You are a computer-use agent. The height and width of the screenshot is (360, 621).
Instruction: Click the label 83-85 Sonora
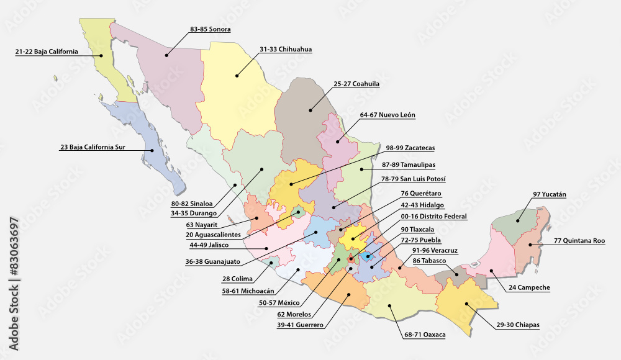click(211, 29)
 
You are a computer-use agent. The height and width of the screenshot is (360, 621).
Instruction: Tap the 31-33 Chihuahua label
click(286, 48)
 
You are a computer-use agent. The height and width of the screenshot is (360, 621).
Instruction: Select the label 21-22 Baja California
click(47, 52)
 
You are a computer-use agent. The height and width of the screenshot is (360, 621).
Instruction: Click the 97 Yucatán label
click(550, 194)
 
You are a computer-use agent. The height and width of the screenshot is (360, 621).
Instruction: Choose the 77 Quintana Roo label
click(579, 240)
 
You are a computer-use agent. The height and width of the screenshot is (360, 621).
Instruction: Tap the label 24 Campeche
click(529, 287)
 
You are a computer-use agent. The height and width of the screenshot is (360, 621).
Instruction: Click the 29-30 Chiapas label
click(518, 325)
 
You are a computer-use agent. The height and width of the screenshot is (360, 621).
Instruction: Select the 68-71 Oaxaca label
click(425, 335)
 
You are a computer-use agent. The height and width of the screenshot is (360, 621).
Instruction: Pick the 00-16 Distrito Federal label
click(434, 217)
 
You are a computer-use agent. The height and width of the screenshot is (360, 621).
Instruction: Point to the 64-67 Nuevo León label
click(388, 115)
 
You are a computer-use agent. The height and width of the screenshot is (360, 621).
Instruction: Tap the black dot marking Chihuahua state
click(237, 76)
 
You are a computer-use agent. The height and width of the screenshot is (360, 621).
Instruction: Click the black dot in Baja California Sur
click(152, 150)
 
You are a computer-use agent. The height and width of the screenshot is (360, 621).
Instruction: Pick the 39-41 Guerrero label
click(301, 325)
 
